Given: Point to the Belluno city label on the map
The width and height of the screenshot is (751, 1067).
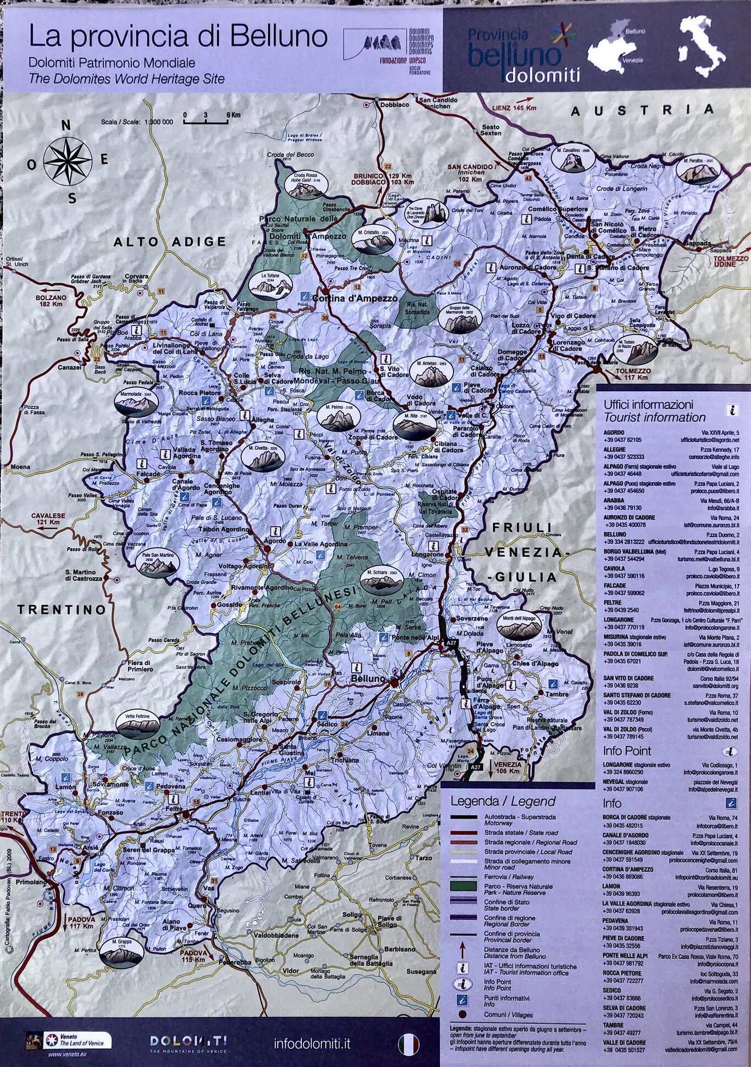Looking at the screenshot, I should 368,679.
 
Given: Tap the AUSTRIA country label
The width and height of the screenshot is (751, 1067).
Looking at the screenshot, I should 642,110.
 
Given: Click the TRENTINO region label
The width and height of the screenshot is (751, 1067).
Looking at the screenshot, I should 62,609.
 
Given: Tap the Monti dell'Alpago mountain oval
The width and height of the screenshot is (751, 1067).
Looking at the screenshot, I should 518,623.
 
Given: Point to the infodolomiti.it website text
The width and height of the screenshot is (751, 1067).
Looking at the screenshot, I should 312,1043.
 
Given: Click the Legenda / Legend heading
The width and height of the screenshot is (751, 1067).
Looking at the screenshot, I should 502,801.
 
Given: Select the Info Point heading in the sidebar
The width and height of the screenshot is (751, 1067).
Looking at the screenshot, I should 627,751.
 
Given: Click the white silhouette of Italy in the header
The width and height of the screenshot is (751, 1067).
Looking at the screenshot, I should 702,46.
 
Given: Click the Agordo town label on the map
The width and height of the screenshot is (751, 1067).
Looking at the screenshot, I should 275,541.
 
